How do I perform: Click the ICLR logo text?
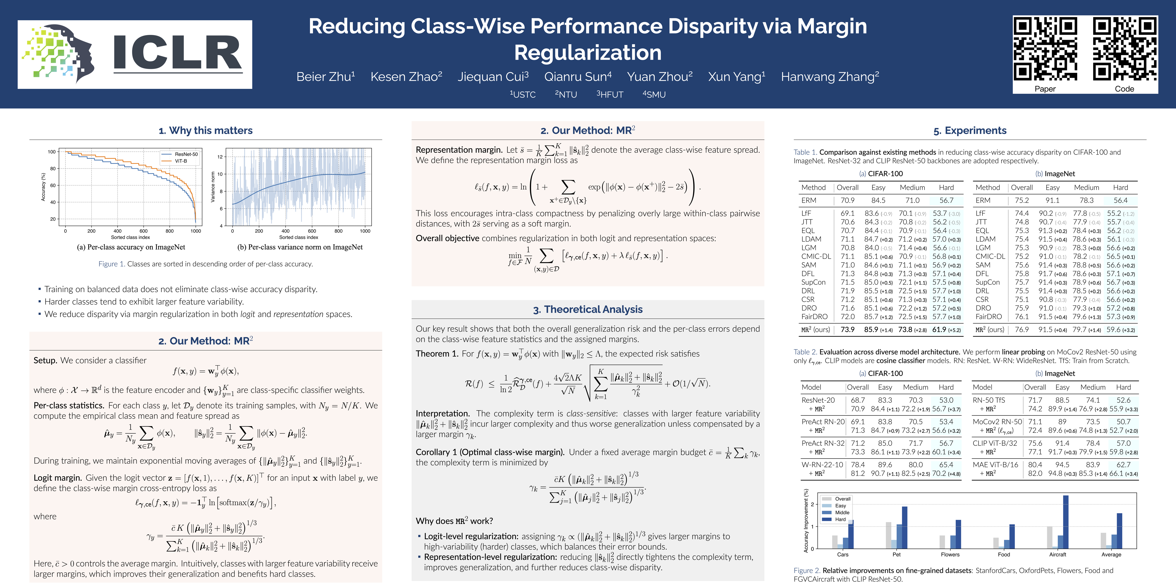pos(177,54)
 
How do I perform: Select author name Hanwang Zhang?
pos(829,77)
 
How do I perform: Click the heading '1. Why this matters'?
pos(205,130)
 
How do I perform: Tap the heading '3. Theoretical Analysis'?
pos(588,310)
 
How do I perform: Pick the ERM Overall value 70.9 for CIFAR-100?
pos(847,201)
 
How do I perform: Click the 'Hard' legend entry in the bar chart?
pos(840,520)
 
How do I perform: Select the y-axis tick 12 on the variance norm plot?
pos(220,157)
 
